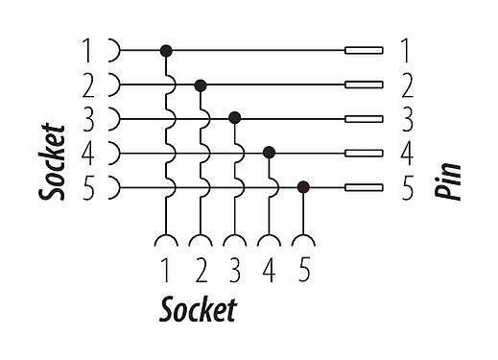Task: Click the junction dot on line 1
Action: (x=166, y=49)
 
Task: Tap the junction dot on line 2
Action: (x=201, y=85)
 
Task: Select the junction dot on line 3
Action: (x=235, y=118)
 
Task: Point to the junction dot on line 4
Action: (x=270, y=152)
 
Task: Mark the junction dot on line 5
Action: (x=304, y=186)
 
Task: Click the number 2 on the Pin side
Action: (x=406, y=84)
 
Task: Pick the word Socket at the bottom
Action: (x=198, y=311)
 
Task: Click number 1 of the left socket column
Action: (x=87, y=50)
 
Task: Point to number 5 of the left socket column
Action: (x=87, y=188)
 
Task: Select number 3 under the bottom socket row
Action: (x=235, y=272)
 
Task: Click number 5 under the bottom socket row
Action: (x=304, y=272)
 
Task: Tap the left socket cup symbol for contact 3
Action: (x=114, y=118)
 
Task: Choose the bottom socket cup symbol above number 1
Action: (x=166, y=241)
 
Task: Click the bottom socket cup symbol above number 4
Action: (x=270, y=241)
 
